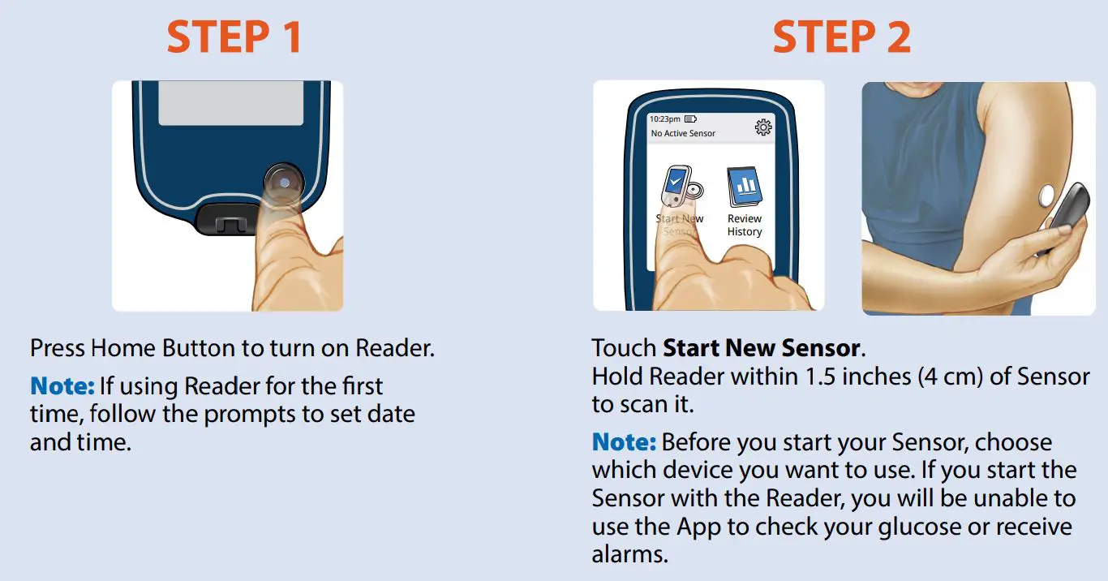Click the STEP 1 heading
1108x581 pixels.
pos(234,37)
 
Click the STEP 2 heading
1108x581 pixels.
pos(841,37)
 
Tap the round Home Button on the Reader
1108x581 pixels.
pos(283,183)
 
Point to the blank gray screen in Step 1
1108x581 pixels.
pos(219,101)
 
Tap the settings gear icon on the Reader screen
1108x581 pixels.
pos(762,127)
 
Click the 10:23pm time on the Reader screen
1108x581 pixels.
pos(665,119)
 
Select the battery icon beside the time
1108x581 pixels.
pos(691,119)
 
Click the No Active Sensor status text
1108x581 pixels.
pos(683,133)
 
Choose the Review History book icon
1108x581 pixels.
pos(744,187)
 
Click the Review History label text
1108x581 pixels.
pos(744,225)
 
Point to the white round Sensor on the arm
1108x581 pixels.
pos(1046,195)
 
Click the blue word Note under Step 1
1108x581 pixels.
pos(62,386)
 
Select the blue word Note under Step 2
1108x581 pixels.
pos(623,443)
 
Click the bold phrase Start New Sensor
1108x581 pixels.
pos(761,349)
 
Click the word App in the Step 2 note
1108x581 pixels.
pos(697,527)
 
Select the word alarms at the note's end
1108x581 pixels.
pos(630,556)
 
